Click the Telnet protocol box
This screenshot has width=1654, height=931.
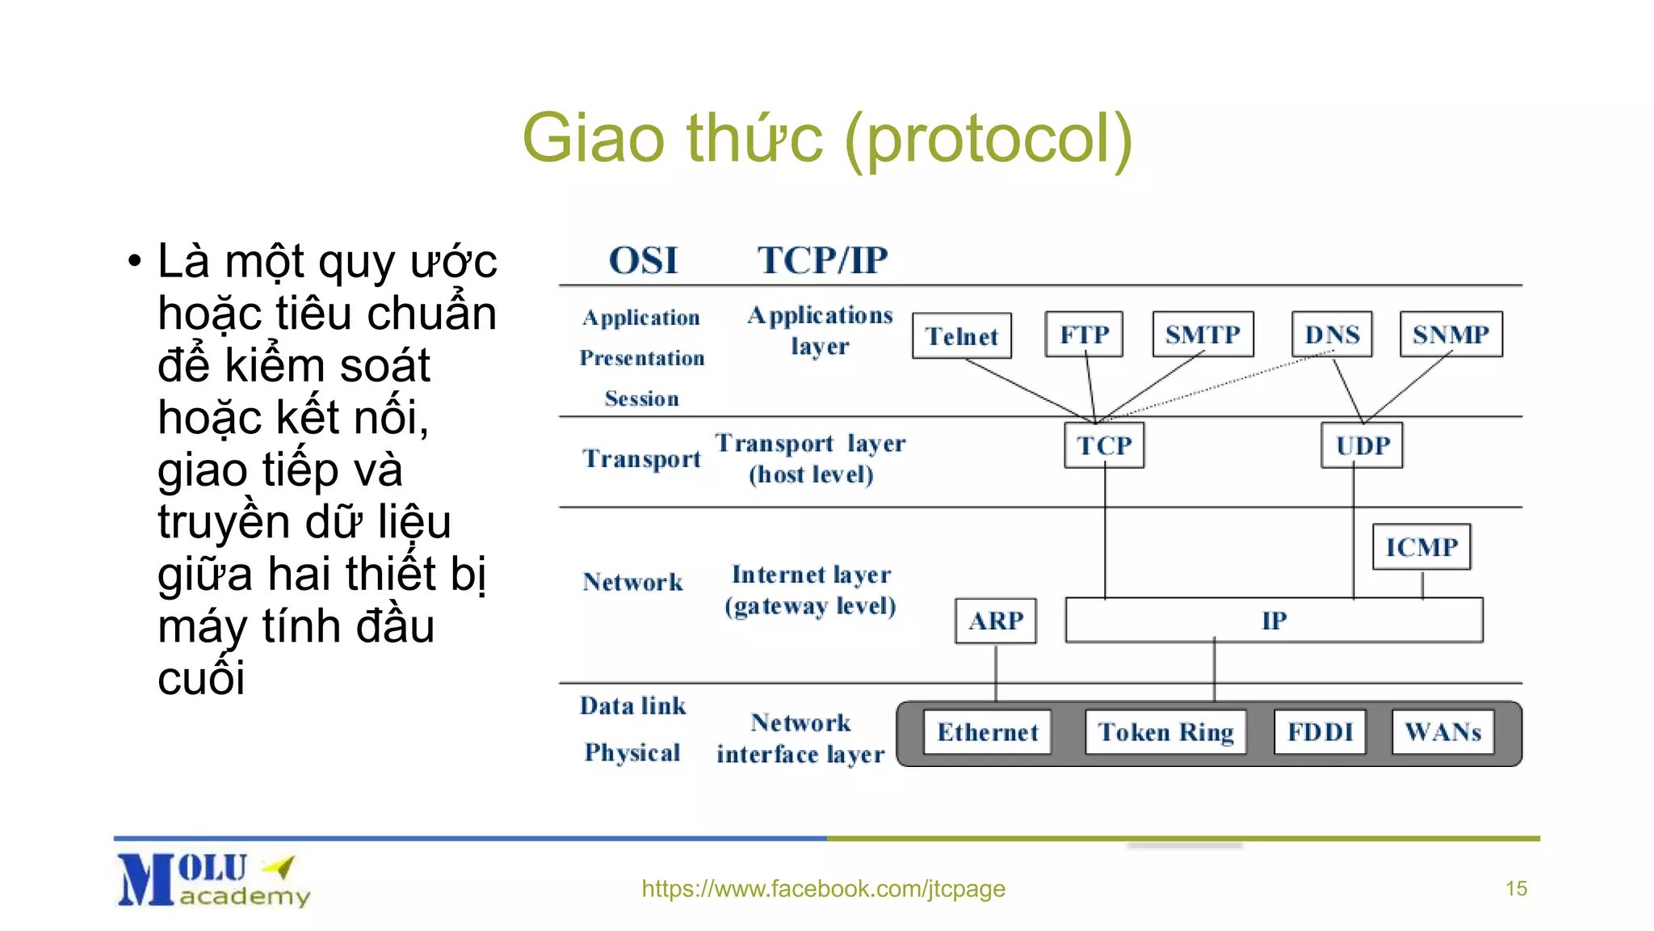tap(961, 335)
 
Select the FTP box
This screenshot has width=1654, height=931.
tap(1084, 334)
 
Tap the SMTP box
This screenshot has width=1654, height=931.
tap(1203, 334)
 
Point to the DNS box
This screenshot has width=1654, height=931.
tap(1332, 334)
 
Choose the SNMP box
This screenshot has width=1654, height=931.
tap(1450, 334)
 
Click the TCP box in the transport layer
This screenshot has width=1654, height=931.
tap(1104, 445)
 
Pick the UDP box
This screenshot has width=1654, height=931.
tap(1362, 445)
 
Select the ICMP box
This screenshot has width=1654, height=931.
tap(1421, 547)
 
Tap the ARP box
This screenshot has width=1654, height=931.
tap(995, 621)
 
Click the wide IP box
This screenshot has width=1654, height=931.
tap(1274, 621)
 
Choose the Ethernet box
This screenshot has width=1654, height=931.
tap(987, 732)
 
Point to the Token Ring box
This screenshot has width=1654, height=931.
tap(1165, 732)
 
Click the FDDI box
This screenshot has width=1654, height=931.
tap(1320, 732)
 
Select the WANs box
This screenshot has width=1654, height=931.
tap(1442, 732)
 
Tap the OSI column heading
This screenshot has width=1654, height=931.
tap(643, 260)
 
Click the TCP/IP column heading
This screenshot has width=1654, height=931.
tap(822, 260)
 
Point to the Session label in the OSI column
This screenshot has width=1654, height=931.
tap(641, 398)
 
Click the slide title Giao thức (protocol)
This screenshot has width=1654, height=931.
tap(827, 139)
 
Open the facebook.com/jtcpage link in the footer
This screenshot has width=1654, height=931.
tap(823, 889)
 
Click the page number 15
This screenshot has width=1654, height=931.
tap(1516, 889)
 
